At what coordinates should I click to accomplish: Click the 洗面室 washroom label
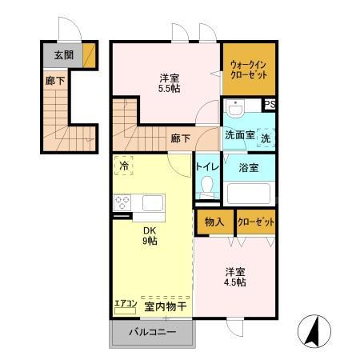239,136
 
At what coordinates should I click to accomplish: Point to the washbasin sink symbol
234,108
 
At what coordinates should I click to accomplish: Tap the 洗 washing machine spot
266,137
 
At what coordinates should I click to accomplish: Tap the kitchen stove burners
123,202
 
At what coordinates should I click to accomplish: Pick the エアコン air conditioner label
126,305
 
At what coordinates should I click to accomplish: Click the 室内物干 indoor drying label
165,306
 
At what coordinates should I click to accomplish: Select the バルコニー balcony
152,333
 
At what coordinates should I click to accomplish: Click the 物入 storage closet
214,222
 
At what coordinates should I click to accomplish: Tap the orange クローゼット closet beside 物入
256,222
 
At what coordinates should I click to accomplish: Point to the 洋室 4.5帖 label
234,276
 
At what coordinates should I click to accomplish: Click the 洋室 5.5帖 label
169,83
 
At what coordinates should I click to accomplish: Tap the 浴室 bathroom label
248,166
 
